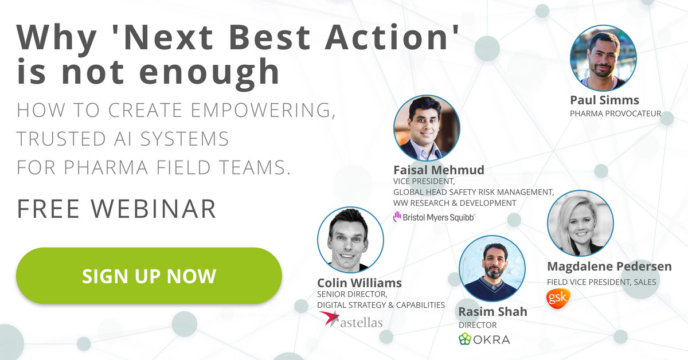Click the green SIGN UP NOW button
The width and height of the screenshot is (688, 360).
point(149,276)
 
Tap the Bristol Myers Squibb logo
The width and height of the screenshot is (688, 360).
point(434,217)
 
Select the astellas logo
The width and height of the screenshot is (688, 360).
point(350,319)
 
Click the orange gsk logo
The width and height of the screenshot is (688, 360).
point(558,298)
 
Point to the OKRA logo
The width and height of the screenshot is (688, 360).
point(484,339)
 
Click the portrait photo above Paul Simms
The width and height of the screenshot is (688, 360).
point(603,58)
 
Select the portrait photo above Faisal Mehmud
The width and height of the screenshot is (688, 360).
point(427,128)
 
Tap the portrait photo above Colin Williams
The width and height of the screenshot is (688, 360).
point(350,240)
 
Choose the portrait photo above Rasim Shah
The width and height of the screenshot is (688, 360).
point(492,268)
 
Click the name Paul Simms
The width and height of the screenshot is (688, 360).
point(604,100)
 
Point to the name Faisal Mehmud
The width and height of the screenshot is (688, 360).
point(439,170)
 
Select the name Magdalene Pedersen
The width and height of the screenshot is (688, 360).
point(609,267)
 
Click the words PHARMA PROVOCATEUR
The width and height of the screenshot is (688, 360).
point(616,114)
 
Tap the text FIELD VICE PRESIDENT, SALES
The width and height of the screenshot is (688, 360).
point(601,282)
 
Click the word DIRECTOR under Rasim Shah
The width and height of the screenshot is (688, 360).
point(478,325)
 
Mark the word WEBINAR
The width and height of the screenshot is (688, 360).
point(154,209)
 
